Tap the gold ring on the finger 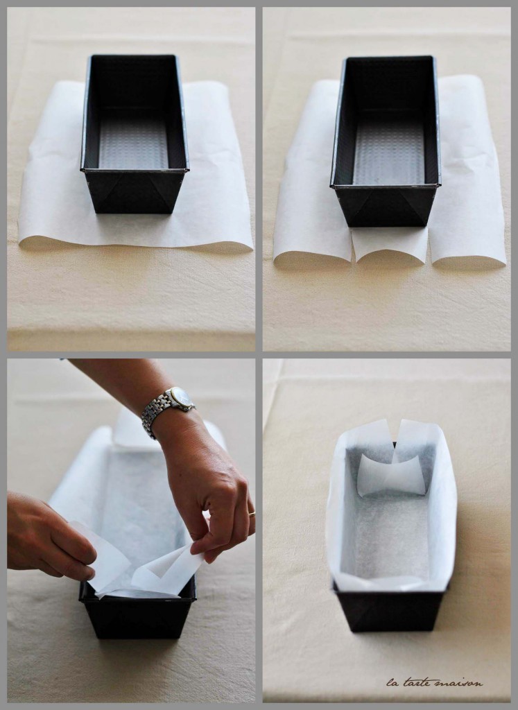[252, 513]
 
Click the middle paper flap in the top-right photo [390, 246]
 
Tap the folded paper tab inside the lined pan [391, 476]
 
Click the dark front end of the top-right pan [387, 207]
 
